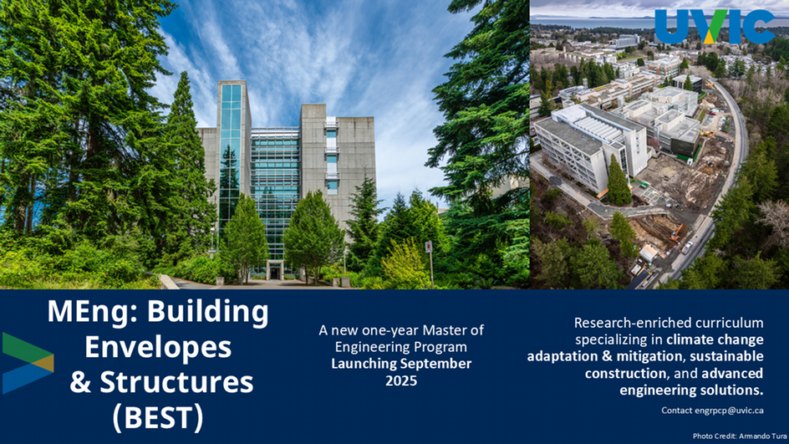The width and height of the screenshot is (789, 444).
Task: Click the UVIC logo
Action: (715, 27)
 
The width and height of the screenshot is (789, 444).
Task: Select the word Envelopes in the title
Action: (158, 347)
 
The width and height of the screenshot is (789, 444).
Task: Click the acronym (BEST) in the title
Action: (158, 417)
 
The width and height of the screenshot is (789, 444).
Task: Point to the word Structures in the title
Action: (176, 382)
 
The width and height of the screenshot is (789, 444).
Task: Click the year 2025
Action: (401, 380)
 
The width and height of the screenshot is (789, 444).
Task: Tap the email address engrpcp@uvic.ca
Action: (729, 411)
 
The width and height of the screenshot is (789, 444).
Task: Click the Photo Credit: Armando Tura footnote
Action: (740, 436)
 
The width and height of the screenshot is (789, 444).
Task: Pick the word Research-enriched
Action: (624, 322)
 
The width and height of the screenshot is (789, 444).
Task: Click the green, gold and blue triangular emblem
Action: (28, 363)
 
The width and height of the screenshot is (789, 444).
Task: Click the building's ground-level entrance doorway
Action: (275, 273)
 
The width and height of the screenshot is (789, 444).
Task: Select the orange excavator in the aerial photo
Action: (677, 232)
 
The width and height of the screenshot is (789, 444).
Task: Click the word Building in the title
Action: (207, 313)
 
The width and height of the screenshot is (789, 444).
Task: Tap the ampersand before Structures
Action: (80, 383)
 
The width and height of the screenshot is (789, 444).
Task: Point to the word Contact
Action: (677, 411)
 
